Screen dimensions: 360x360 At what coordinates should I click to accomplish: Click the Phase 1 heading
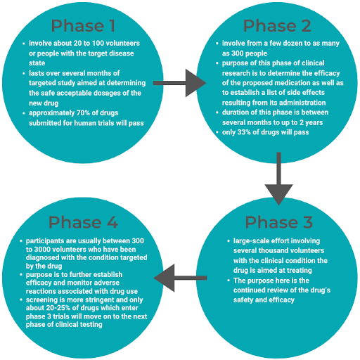click(x=83, y=27)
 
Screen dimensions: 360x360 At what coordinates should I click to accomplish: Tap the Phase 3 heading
click(x=277, y=222)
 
